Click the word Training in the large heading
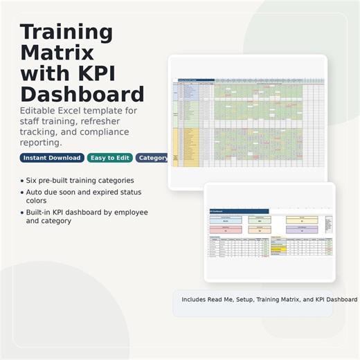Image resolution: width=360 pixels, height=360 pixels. pos(66,32)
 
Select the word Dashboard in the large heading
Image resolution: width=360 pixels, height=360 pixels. pos(82,94)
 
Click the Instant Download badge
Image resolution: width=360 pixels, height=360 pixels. pos(52,158)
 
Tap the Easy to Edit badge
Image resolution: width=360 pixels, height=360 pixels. pos(109,158)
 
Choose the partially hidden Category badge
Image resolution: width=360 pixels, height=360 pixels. pos(152,158)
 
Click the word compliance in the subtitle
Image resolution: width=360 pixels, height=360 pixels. pos(89,132)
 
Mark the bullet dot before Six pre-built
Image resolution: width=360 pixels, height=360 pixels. pos(22,181)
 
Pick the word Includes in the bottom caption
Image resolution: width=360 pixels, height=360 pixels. pos(196,300)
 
